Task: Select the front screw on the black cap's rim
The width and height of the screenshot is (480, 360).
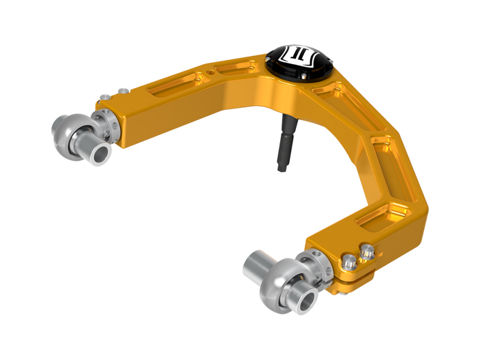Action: [x=300, y=77]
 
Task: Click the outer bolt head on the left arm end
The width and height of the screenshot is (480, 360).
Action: [x=106, y=97]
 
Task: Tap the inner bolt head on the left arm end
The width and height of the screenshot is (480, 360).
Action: [x=123, y=91]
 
